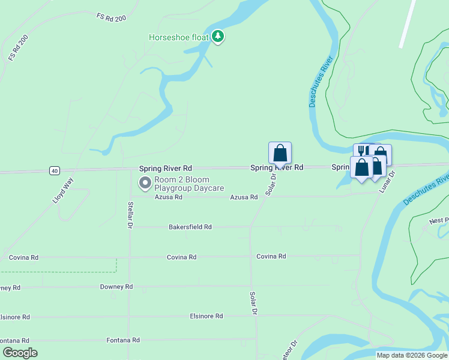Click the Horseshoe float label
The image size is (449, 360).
point(179,37)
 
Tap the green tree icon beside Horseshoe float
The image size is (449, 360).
point(218,37)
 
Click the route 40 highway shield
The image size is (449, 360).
point(55,171)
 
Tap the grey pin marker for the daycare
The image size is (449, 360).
point(145,182)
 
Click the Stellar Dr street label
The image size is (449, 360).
point(130,215)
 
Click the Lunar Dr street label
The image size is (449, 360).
point(388,182)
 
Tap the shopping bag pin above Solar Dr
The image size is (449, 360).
point(280,153)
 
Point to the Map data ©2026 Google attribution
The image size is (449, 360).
point(412,355)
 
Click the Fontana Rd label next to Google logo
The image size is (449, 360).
point(123,340)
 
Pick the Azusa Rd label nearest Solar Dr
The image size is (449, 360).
point(244,197)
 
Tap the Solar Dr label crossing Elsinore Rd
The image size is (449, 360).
point(253,304)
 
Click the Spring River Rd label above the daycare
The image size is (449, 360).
point(165,169)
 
